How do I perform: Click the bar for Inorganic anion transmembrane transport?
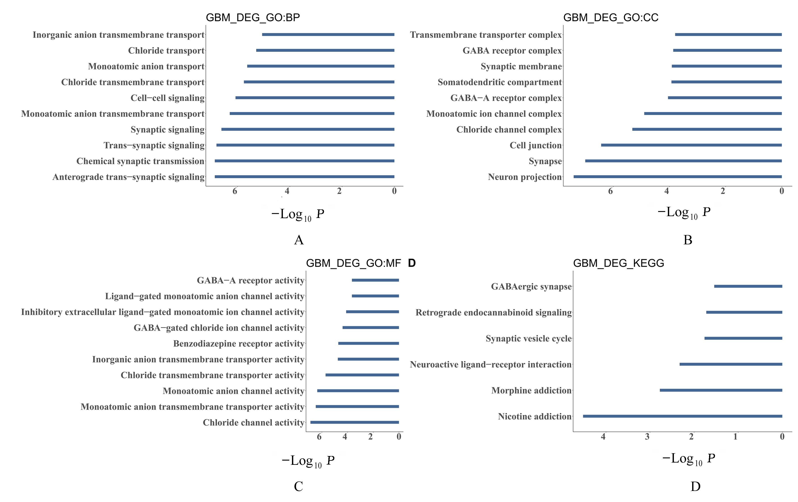click(328, 34)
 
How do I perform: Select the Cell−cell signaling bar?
click(315, 98)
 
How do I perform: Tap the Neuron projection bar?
click(678, 177)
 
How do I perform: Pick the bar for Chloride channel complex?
click(707, 129)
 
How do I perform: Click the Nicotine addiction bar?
click(683, 416)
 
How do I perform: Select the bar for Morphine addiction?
click(721, 390)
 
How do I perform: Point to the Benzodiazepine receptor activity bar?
click(368, 344)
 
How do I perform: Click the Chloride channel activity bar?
click(355, 422)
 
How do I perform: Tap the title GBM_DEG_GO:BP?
click(253, 18)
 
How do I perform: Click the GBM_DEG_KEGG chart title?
click(618, 263)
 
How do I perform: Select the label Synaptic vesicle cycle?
click(529, 339)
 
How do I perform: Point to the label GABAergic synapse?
click(531, 287)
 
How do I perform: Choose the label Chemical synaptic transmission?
click(140, 161)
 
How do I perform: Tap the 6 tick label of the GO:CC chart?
click(610, 191)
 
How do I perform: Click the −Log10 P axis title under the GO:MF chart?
click(308, 461)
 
